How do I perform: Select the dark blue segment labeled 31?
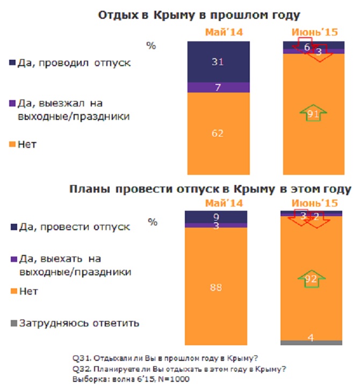coord(218,62)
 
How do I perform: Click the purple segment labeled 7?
coord(218,87)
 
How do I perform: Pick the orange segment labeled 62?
coord(218,134)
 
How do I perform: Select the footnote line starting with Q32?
coord(178,369)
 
